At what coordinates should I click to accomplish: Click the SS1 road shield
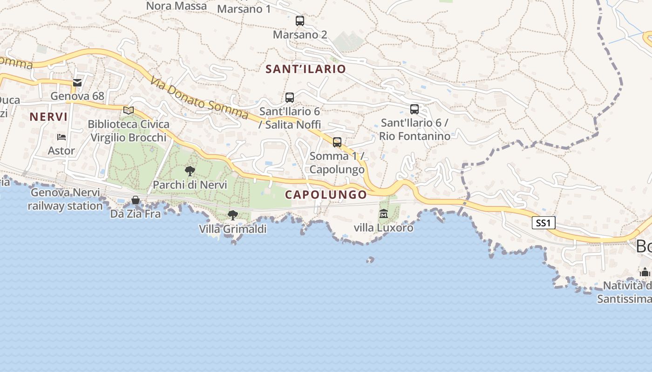click(x=543, y=223)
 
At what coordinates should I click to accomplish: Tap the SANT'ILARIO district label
click(x=306, y=69)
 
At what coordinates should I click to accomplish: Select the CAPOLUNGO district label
click(x=326, y=195)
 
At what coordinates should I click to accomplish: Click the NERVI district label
click(x=49, y=117)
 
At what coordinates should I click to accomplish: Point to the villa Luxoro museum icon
click(x=383, y=214)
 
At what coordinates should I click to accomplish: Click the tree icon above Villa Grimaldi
click(x=232, y=215)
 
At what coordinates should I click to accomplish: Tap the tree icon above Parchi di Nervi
click(x=190, y=171)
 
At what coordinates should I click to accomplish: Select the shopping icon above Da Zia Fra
click(x=136, y=200)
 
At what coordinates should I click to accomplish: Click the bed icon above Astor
click(x=61, y=137)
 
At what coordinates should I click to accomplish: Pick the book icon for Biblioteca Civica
click(x=129, y=110)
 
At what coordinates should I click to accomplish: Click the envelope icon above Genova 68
click(x=77, y=83)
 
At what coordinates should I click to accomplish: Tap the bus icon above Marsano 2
click(x=299, y=21)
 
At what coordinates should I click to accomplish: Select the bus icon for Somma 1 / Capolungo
click(x=337, y=142)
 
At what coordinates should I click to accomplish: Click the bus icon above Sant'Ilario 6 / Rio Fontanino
click(x=414, y=109)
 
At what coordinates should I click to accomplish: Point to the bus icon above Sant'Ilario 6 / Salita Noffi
click(x=289, y=98)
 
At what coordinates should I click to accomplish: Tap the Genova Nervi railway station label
click(x=65, y=199)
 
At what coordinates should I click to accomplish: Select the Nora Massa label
click(x=177, y=6)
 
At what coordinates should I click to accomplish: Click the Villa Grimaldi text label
click(x=232, y=229)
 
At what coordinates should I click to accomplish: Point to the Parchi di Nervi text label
click(x=190, y=185)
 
